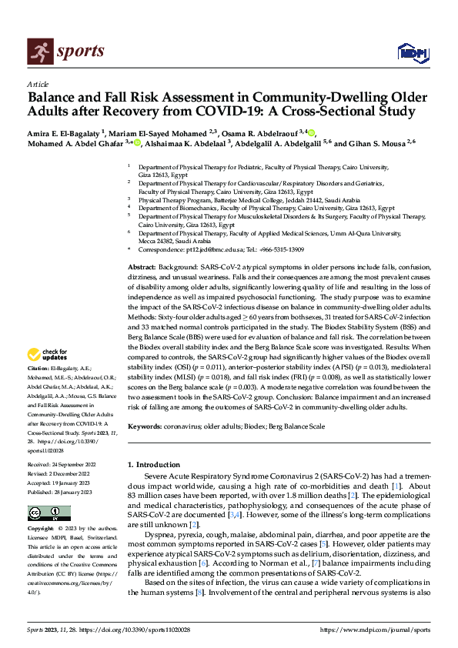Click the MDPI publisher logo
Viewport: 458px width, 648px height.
412,52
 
